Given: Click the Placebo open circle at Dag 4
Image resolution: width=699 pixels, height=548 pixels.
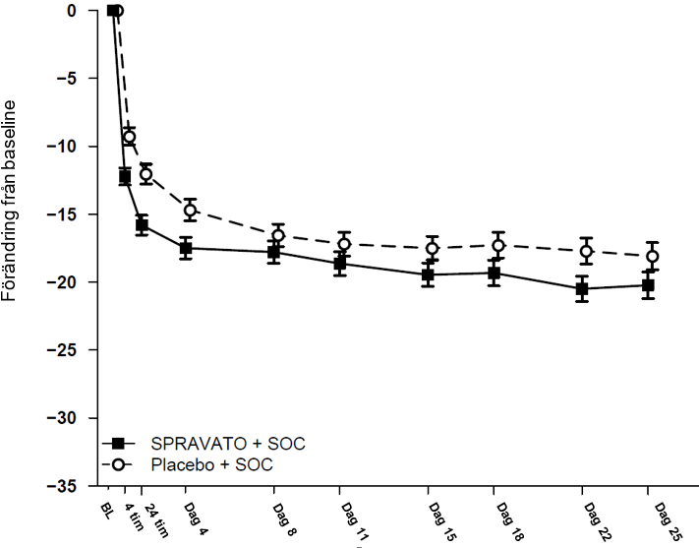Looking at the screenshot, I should (190, 211).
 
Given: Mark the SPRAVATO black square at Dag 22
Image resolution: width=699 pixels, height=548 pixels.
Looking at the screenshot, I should (582, 289).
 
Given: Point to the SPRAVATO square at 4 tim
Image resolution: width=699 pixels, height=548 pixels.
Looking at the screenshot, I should (125, 177).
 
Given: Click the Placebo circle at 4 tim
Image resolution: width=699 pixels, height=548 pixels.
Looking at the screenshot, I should (129, 137).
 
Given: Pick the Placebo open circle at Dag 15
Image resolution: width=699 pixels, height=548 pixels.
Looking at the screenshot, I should (431, 248).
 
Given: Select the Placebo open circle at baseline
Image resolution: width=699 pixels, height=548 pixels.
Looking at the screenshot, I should (117, 11).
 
